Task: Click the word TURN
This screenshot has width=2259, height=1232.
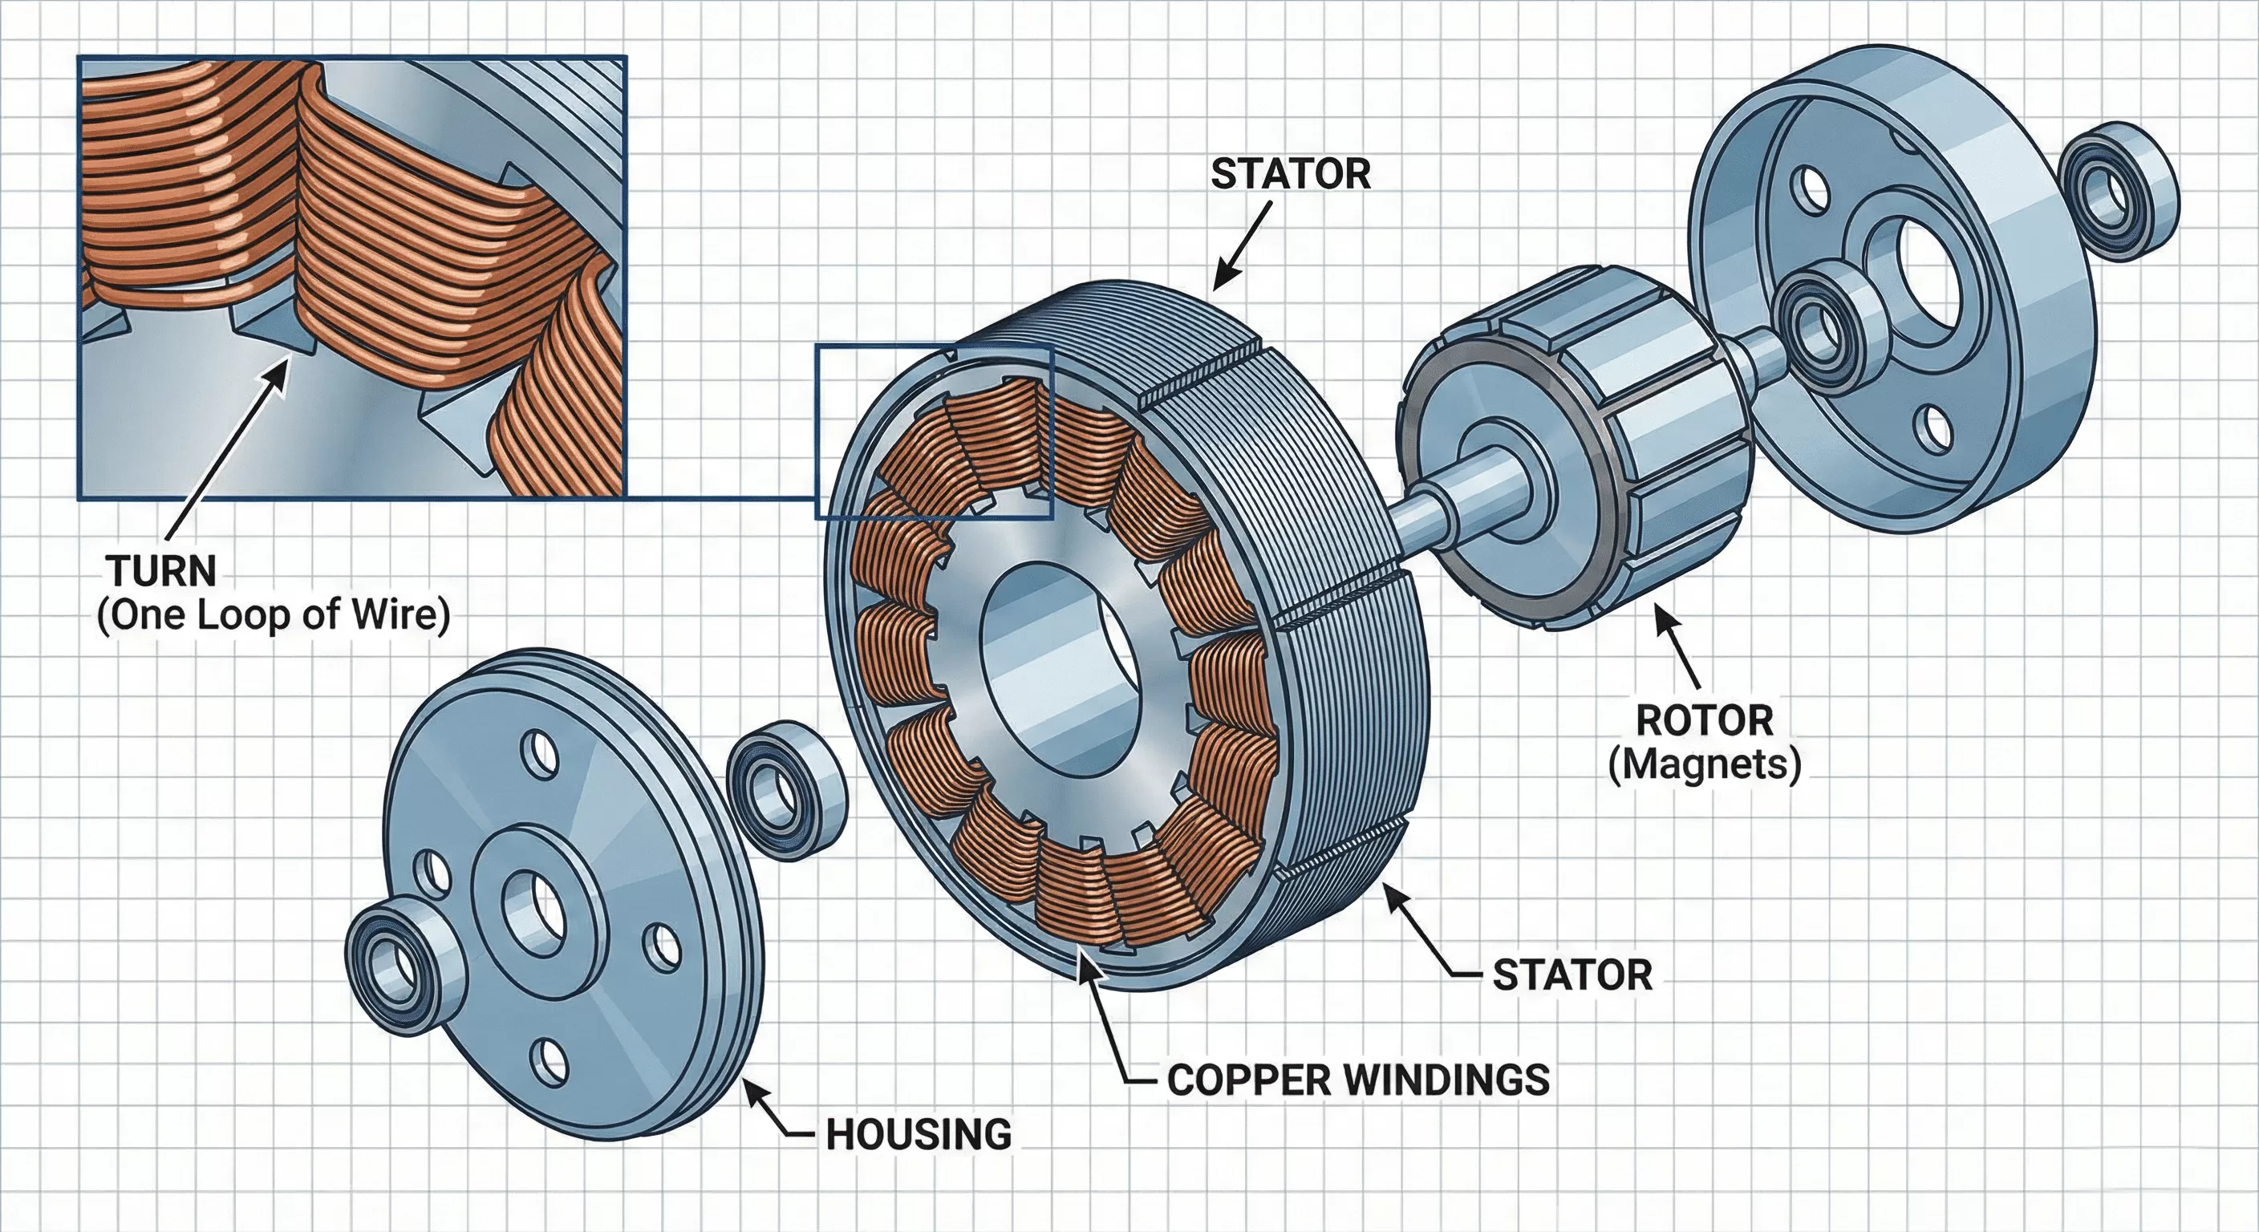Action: pos(162,571)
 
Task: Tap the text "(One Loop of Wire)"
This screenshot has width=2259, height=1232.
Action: pos(274,614)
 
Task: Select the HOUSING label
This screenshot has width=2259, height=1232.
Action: pos(919,1134)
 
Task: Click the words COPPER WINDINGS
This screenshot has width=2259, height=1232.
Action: pos(1358,1080)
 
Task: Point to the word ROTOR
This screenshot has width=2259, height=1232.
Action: pos(1705,721)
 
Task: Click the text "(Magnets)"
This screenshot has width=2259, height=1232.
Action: pos(1705,764)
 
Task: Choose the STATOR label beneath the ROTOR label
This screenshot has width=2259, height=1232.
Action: pos(1572,975)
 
